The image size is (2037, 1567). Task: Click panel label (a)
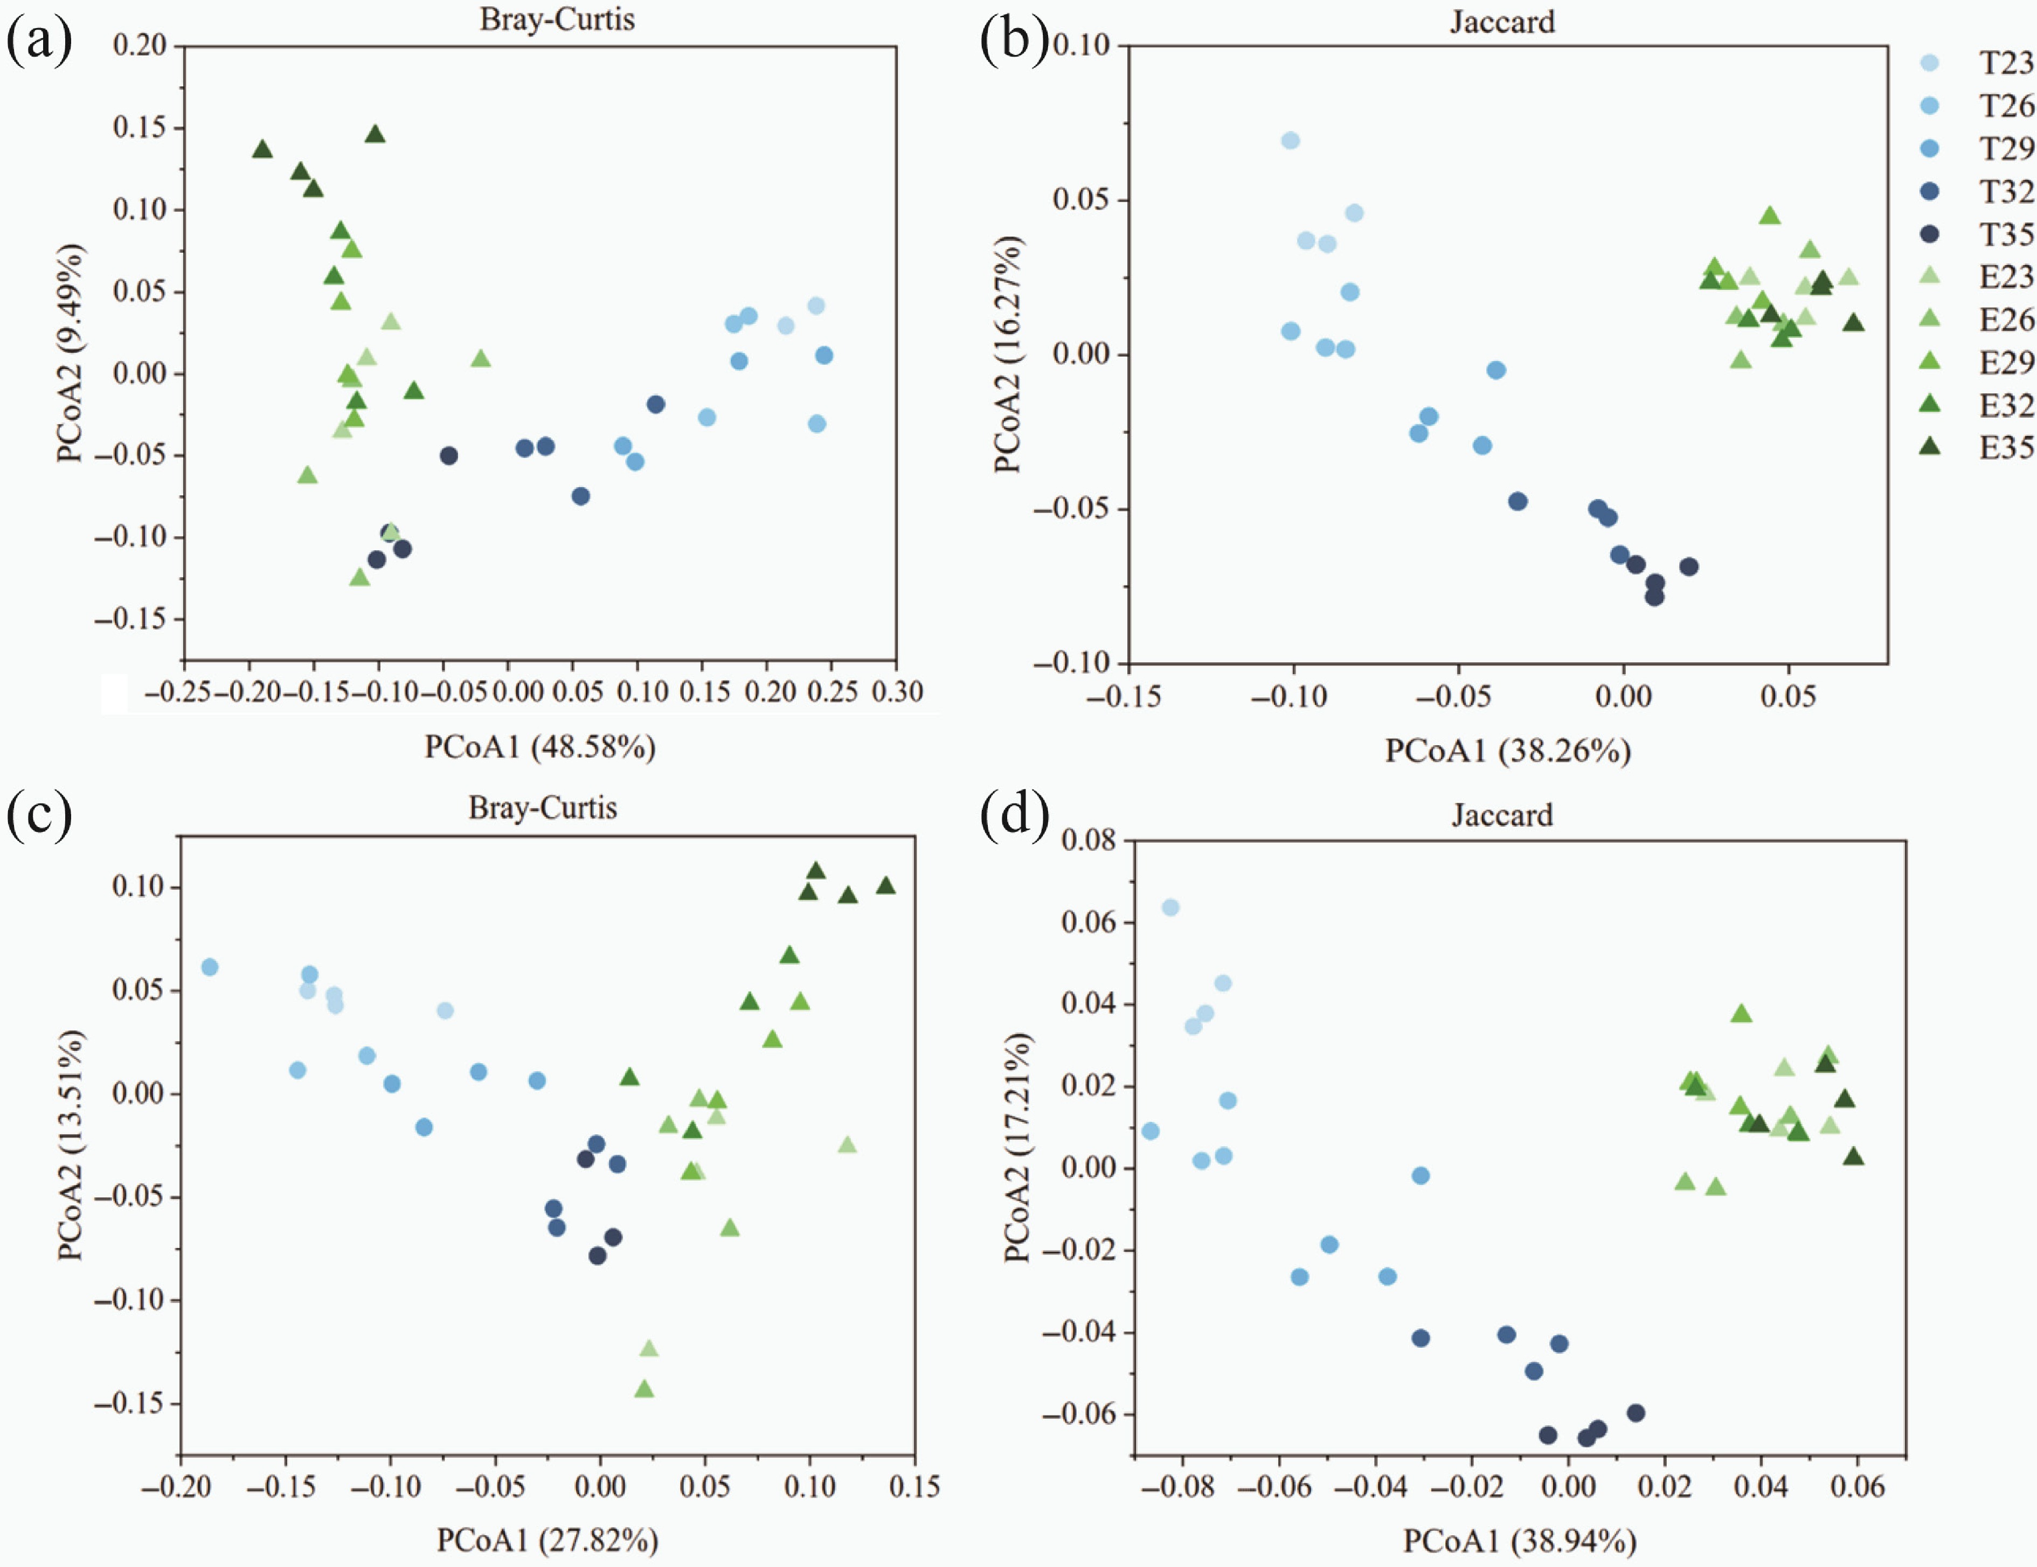click(x=39, y=41)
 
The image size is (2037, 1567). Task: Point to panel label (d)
click(x=1014, y=814)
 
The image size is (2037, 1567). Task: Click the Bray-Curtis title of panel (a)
click(x=557, y=19)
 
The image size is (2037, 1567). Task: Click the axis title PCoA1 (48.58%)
click(x=540, y=747)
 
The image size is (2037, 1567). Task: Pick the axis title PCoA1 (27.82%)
click(x=548, y=1540)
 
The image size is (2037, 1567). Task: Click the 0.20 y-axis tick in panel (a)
click(x=140, y=45)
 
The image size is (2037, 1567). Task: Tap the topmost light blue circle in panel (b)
click(x=1290, y=141)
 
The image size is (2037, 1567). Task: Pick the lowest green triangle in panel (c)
click(x=643, y=1389)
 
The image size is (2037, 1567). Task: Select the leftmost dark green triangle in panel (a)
click(x=262, y=149)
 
